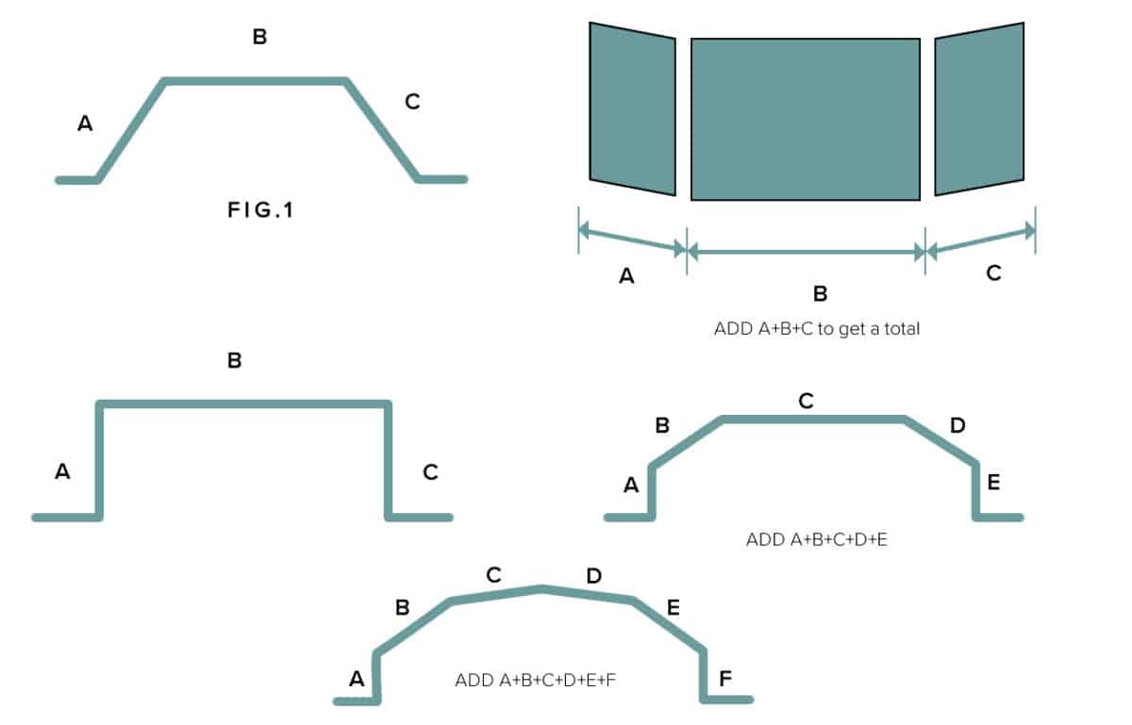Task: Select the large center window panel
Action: [x=805, y=119]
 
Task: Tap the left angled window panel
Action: [x=632, y=108]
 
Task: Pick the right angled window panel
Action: [x=979, y=108]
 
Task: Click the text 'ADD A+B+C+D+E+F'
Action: [x=535, y=680]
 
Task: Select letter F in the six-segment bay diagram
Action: [x=724, y=678]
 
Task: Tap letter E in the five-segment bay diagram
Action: [x=993, y=484]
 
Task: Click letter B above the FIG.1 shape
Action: [x=259, y=38]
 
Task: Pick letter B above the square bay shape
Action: [x=235, y=360]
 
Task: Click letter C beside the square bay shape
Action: [x=430, y=472]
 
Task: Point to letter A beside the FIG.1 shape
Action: [x=85, y=123]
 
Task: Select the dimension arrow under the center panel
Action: [x=805, y=252]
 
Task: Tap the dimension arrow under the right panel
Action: [x=980, y=239]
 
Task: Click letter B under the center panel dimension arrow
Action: [x=820, y=294]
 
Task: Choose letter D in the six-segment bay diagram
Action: [x=593, y=575]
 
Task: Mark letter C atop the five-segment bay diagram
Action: [x=806, y=402]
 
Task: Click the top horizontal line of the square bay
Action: [x=243, y=404]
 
